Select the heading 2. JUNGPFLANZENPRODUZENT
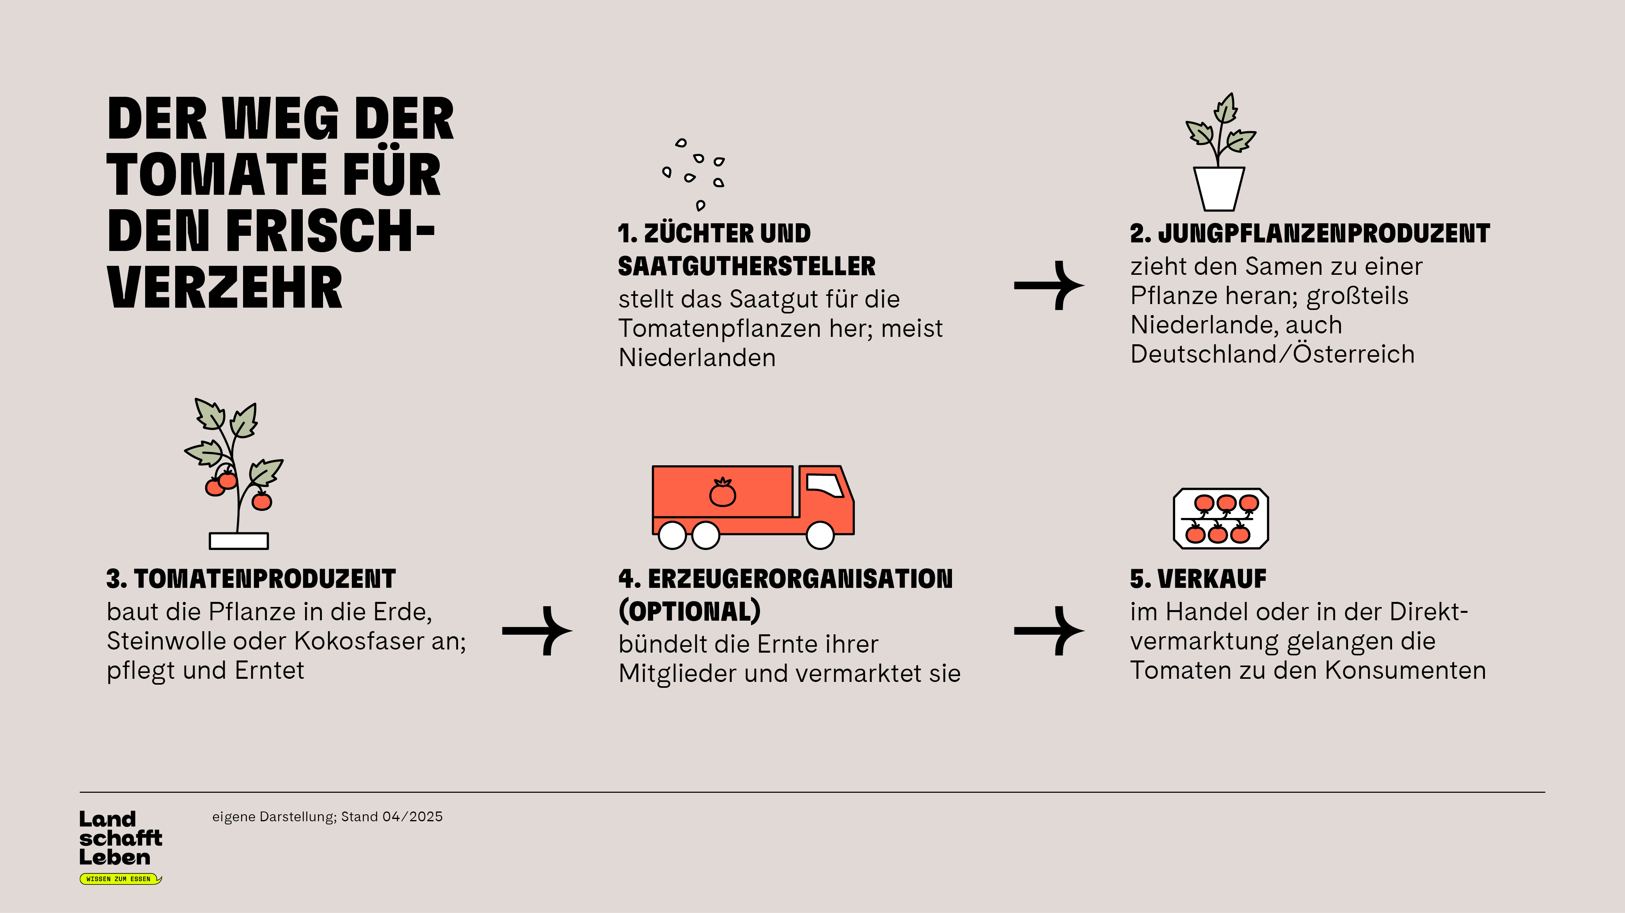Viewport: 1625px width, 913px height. pos(1310,233)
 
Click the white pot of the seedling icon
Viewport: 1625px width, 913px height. pos(1219,189)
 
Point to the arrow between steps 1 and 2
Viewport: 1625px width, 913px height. pos(1049,285)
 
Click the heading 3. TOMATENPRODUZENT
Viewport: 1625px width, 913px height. pos(251,578)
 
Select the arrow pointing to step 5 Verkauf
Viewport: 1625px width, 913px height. pos(1049,631)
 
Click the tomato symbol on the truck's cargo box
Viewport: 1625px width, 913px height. pos(722,492)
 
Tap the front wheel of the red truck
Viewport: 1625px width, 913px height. pos(820,535)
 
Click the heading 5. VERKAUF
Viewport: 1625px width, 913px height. pos(1198,578)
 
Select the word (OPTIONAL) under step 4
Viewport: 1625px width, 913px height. pos(689,611)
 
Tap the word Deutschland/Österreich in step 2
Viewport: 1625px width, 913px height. pos(1272,354)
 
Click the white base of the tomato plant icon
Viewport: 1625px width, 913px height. pos(238,541)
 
